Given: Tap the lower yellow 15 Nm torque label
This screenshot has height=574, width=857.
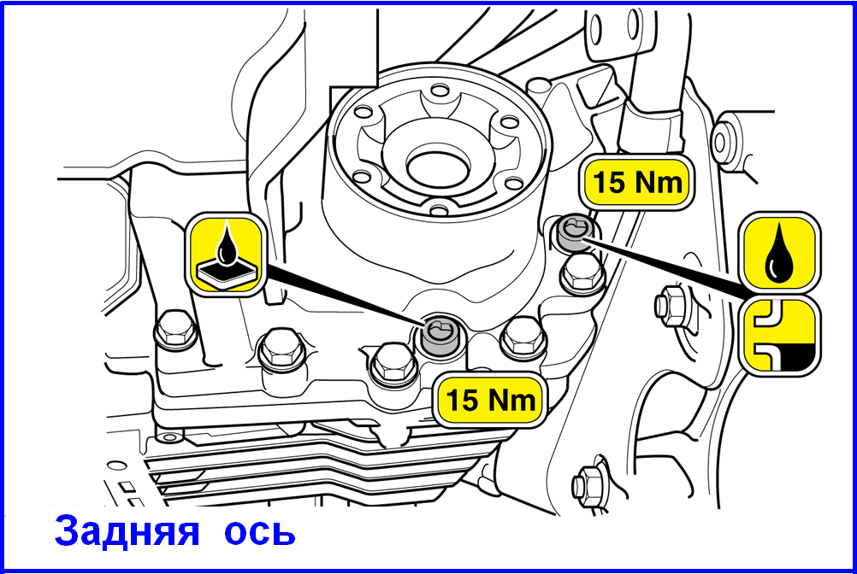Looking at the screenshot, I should (x=490, y=400).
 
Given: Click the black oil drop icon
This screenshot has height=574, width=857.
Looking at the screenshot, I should (x=779, y=254).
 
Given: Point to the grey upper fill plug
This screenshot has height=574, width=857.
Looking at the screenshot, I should (x=576, y=231).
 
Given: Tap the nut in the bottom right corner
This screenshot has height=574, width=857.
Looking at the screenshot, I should (x=590, y=481).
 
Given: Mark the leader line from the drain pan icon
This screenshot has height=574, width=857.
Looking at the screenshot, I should (x=342, y=295).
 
